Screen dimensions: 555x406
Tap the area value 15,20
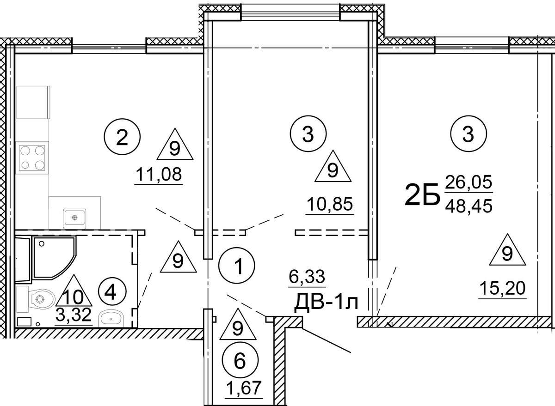(x=502, y=289)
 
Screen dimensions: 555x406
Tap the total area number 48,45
(x=468, y=205)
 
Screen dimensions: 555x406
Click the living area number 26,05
(x=468, y=183)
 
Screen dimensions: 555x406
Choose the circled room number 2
(x=122, y=137)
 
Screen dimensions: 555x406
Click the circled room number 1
(x=237, y=266)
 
